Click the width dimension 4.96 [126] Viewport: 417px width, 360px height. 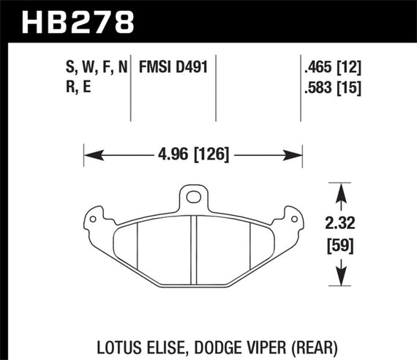193,154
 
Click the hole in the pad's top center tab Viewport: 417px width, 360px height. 193,196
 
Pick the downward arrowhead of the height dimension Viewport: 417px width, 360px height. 339,279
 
